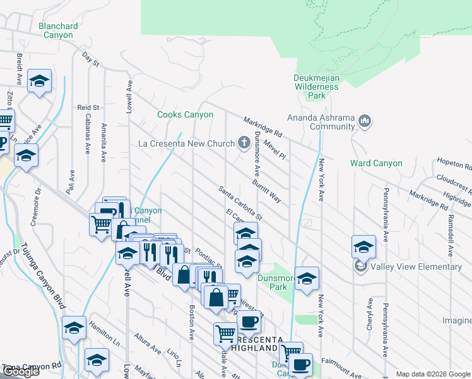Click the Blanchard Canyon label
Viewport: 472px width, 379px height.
[58, 30]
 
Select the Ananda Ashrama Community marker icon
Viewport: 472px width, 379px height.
[364, 121]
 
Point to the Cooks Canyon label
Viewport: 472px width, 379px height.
[185, 114]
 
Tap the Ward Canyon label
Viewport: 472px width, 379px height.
[376, 163]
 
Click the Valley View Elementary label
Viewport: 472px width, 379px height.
[416, 267]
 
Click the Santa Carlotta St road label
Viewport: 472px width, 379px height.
[240, 202]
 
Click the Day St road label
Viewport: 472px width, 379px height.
[91, 59]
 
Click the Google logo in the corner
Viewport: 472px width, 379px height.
[21, 371]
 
